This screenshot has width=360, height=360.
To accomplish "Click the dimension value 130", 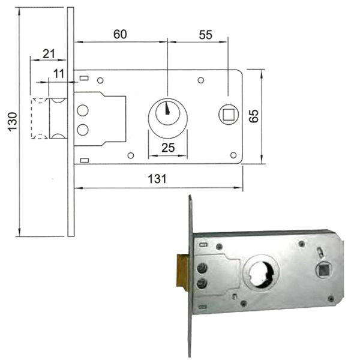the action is [13, 122].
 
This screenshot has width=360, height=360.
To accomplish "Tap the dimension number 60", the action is [120, 34].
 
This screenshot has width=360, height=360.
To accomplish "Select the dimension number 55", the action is [205, 35].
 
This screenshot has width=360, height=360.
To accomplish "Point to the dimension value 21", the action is [49, 54].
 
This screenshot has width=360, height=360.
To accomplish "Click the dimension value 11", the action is [59, 74].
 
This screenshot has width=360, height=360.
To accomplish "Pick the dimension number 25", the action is [168, 148].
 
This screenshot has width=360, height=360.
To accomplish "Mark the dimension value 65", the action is [254, 116].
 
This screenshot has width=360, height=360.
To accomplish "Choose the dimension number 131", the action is [157, 179].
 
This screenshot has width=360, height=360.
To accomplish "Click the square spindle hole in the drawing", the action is [229, 115].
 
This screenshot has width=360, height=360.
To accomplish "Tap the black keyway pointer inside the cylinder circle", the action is [167, 108].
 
